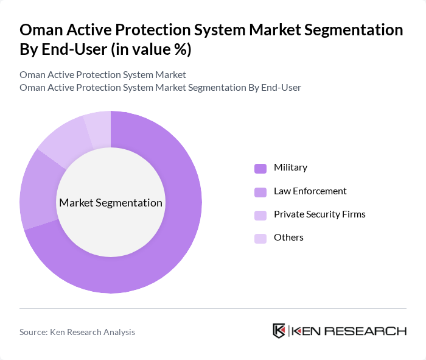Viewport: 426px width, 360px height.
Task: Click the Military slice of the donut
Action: click(x=176, y=238)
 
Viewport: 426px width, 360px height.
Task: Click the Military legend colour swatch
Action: click(x=260, y=168)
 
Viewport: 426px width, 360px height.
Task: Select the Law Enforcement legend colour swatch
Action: click(x=260, y=192)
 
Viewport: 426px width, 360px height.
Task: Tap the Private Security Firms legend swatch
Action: click(x=260, y=215)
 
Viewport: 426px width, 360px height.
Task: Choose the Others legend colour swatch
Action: click(x=260, y=238)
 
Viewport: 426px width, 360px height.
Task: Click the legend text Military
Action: click(x=290, y=168)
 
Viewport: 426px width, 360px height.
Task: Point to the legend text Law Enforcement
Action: click(x=310, y=191)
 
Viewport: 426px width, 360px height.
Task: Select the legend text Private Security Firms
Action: click(x=319, y=214)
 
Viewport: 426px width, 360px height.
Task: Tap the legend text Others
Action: click(x=288, y=238)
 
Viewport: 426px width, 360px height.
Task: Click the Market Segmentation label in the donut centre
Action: click(x=111, y=203)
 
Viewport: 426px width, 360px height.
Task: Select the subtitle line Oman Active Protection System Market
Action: click(x=103, y=75)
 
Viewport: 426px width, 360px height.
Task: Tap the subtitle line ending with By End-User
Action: click(x=160, y=88)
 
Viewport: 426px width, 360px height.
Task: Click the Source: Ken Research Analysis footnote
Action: click(x=77, y=332)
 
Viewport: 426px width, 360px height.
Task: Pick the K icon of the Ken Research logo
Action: click(x=279, y=331)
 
